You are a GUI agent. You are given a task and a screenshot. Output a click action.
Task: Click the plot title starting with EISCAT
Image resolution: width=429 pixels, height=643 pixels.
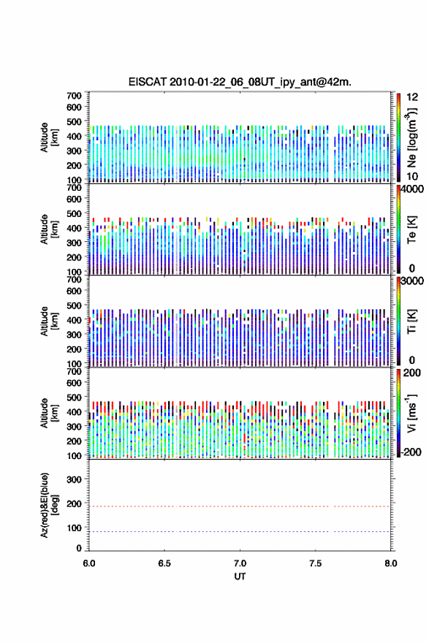coord(240,82)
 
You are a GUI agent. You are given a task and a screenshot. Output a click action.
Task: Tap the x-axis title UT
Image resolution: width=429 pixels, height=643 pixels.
coord(240,577)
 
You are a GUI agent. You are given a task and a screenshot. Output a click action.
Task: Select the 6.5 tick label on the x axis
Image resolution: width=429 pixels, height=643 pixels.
coord(164,563)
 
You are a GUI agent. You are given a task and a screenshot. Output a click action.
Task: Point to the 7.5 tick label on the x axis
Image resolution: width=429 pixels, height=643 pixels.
coord(316,563)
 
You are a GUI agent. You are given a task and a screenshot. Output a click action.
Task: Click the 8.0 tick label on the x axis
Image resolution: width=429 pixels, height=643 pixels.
coord(390,563)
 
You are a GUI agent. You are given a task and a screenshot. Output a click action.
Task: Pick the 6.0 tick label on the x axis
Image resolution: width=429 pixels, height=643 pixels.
coord(89,563)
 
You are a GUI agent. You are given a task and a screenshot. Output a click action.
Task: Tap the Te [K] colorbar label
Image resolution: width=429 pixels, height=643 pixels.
coord(411,229)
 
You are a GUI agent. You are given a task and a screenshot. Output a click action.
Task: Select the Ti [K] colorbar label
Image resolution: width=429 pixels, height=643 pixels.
coord(411,321)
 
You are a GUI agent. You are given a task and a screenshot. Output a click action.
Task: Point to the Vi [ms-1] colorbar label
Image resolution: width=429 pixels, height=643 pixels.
coord(411,413)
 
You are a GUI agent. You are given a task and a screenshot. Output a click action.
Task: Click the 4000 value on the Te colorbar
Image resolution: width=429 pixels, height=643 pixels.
coord(412,189)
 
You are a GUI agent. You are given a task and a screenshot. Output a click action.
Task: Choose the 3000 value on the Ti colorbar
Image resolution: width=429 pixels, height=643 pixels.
coord(412,281)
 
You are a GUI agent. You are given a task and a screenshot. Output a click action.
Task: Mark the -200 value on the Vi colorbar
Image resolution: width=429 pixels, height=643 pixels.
coord(411,452)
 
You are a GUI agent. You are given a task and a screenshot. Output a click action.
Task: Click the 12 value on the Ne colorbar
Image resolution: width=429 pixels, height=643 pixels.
coord(412,97)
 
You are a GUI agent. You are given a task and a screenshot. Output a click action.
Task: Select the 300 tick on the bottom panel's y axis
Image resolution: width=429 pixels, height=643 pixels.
coord(73,479)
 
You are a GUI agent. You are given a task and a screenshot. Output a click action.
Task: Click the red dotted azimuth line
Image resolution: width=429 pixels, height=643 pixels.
coord(240,506)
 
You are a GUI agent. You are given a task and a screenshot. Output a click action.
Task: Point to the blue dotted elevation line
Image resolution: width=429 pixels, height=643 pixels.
coord(240,531)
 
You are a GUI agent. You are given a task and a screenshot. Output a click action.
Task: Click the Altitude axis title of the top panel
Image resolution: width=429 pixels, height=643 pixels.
coord(49,137)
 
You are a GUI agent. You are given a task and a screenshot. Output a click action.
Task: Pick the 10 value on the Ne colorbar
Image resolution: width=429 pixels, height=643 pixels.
coord(412,176)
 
